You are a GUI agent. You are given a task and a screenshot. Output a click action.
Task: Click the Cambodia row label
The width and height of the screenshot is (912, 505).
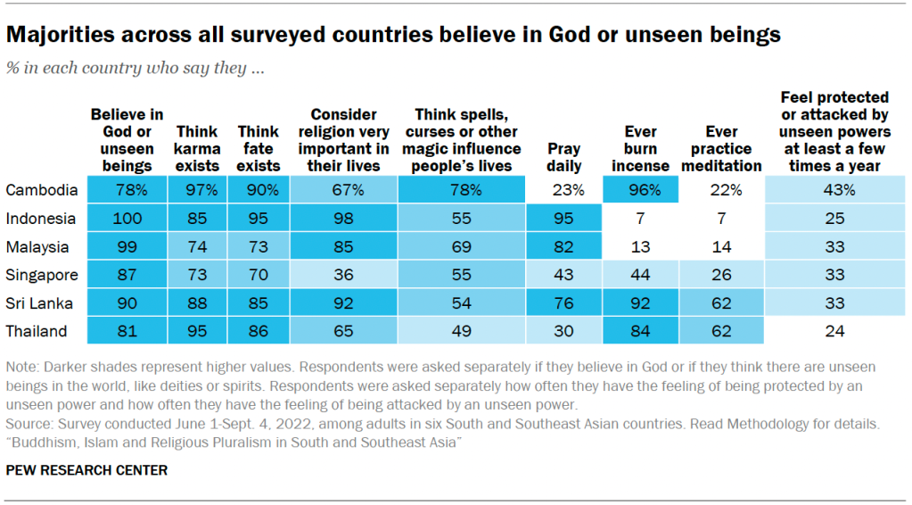(x=42, y=190)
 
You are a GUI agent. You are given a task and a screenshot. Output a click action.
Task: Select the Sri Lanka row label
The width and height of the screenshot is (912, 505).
(x=38, y=303)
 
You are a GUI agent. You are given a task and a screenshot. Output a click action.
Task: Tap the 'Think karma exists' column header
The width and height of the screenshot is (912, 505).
(x=197, y=149)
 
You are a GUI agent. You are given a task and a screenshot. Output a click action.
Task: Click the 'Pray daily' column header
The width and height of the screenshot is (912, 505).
(x=564, y=157)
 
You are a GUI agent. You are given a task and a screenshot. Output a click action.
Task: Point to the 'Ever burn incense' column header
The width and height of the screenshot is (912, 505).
(x=640, y=149)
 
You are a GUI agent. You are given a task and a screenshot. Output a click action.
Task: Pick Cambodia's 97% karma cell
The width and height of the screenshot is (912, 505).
(x=197, y=190)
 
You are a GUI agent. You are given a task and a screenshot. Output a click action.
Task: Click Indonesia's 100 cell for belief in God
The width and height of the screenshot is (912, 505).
(x=127, y=219)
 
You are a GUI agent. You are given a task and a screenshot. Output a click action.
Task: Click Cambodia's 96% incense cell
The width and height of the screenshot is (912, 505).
(x=640, y=190)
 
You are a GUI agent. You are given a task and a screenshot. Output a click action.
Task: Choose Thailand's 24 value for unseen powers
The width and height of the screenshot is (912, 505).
(x=834, y=332)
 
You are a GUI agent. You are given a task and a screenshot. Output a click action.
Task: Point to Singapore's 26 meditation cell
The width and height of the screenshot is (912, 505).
(x=720, y=275)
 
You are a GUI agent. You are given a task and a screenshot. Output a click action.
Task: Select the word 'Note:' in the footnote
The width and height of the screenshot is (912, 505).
(x=22, y=367)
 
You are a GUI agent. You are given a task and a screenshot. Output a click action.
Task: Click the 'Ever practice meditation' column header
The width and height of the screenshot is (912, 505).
(x=720, y=149)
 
